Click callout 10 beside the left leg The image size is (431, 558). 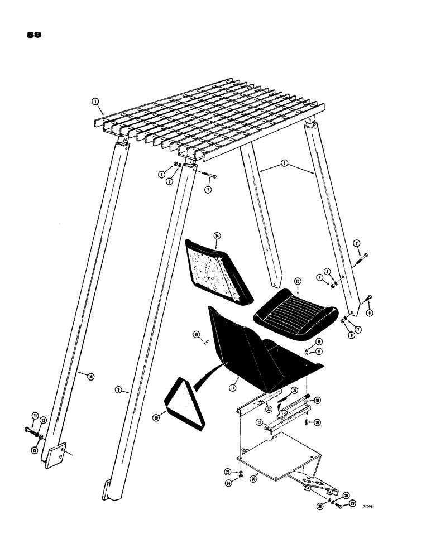point(90,377)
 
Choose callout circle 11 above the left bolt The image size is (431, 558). point(34,416)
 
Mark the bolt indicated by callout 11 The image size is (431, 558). point(30,430)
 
